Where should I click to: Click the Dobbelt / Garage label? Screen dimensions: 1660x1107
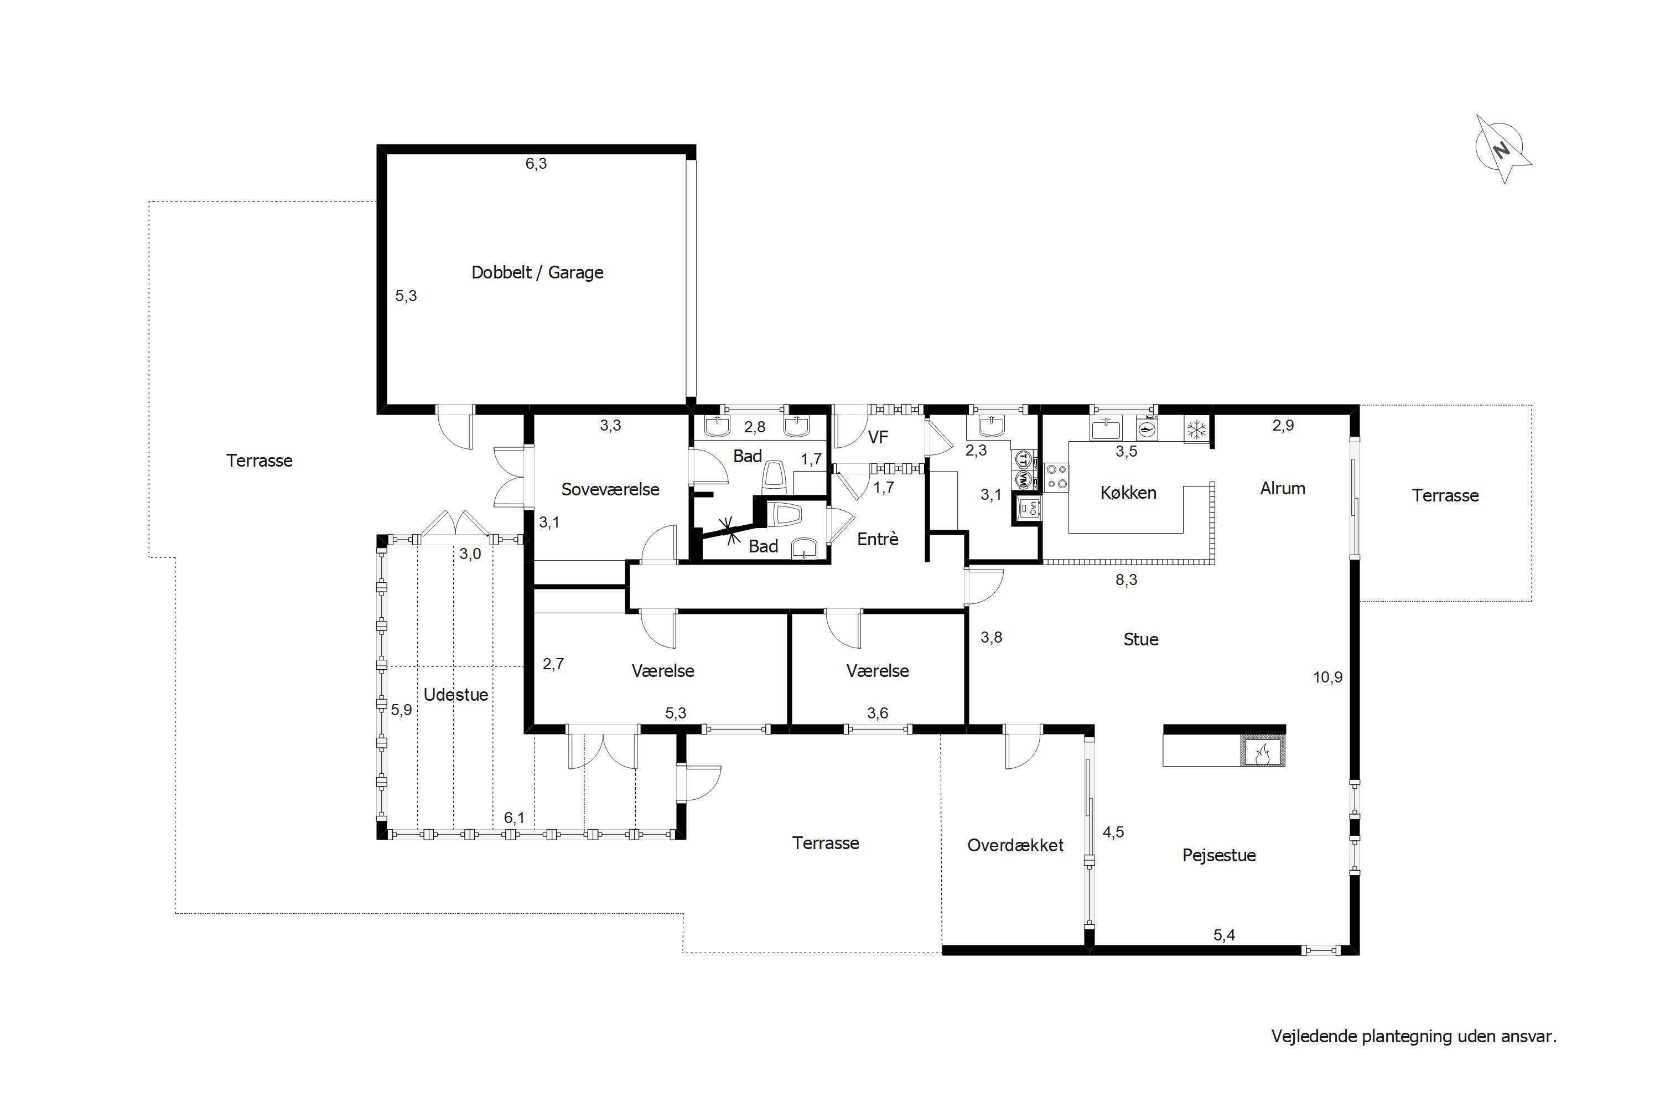[537, 272]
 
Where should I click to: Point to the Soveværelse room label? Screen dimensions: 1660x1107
[610, 489]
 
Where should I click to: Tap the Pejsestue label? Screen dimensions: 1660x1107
[1219, 856]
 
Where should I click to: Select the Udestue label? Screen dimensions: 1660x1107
[456, 695]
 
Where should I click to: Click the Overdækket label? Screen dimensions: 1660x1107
[1015, 845]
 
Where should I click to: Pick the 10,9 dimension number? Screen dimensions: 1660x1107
[1327, 677]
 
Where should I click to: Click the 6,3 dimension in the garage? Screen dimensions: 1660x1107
[536, 164]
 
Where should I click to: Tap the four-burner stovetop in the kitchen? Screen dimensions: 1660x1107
[1056, 477]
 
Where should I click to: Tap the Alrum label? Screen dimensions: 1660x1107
[1283, 489]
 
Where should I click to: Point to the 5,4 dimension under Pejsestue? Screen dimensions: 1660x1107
[1225, 935]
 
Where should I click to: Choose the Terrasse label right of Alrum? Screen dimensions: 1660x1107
[1445, 495]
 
